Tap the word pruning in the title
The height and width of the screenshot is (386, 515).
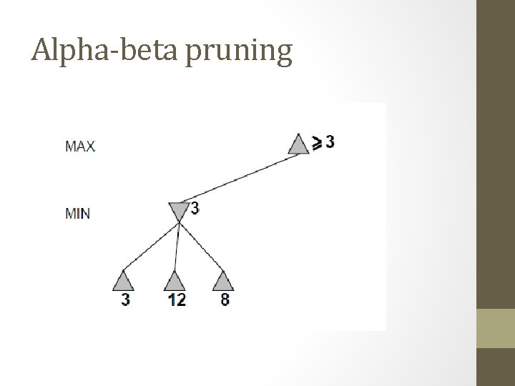tap(239, 52)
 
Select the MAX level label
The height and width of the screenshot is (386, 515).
tap(80, 147)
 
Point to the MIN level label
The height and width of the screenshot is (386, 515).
tap(77, 213)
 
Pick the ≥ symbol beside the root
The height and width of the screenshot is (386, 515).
tap(316, 143)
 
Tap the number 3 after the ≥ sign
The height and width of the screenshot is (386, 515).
tap(330, 142)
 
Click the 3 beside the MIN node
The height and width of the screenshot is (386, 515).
tap(195, 208)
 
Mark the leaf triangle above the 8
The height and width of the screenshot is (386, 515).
tap(224, 281)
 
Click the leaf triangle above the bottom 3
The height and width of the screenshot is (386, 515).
tap(124, 281)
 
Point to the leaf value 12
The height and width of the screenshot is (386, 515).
tap(176, 300)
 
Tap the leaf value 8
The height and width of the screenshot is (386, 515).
tap(225, 300)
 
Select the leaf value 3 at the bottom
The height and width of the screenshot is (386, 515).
tap(125, 300)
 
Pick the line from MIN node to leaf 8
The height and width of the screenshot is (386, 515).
tap(202, 247)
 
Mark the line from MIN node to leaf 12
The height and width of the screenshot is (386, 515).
tap(176, 247)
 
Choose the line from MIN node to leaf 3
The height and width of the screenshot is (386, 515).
tap(151, 247)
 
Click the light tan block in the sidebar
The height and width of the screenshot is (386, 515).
tap(495, 328)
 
